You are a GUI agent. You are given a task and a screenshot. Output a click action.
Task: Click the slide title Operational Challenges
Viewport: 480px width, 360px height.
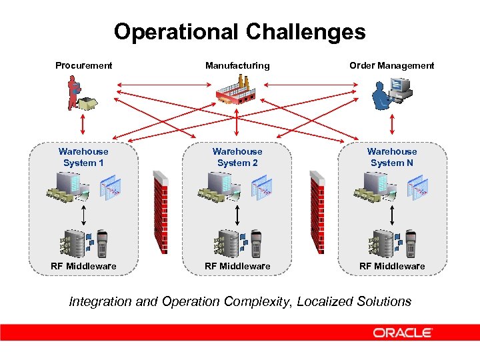tap(239, 32)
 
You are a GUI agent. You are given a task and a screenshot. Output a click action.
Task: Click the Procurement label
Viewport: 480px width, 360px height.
tap(84, 65)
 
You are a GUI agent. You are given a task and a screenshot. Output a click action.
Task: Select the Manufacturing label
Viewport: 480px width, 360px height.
tap(237, 65)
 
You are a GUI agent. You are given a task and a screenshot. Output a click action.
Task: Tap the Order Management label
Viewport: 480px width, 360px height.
tap(391, 65)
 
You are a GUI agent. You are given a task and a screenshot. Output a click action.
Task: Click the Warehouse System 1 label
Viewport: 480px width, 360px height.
tap(83, 157)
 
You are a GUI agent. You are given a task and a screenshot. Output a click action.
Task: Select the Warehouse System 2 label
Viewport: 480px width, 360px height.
tap(237, 157)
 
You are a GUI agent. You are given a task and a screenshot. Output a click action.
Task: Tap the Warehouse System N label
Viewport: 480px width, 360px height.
tap(392, 157)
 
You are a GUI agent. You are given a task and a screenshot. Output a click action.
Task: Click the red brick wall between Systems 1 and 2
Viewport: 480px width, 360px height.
tap(160, 212)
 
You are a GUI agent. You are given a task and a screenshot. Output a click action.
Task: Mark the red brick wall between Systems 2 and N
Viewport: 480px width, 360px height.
tap(317, 212)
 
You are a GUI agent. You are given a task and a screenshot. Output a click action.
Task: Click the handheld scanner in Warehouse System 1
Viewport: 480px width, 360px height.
tap(102, 243)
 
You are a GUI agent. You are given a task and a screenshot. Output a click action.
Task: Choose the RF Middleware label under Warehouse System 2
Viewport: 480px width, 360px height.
tap(237, 266)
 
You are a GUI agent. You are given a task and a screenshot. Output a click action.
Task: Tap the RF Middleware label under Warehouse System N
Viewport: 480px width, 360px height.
tap(392, 266)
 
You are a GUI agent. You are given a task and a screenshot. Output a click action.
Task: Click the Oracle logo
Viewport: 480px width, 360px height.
tap(403, 333)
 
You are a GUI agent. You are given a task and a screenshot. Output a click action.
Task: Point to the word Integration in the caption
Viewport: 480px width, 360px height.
tap(100, 301)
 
